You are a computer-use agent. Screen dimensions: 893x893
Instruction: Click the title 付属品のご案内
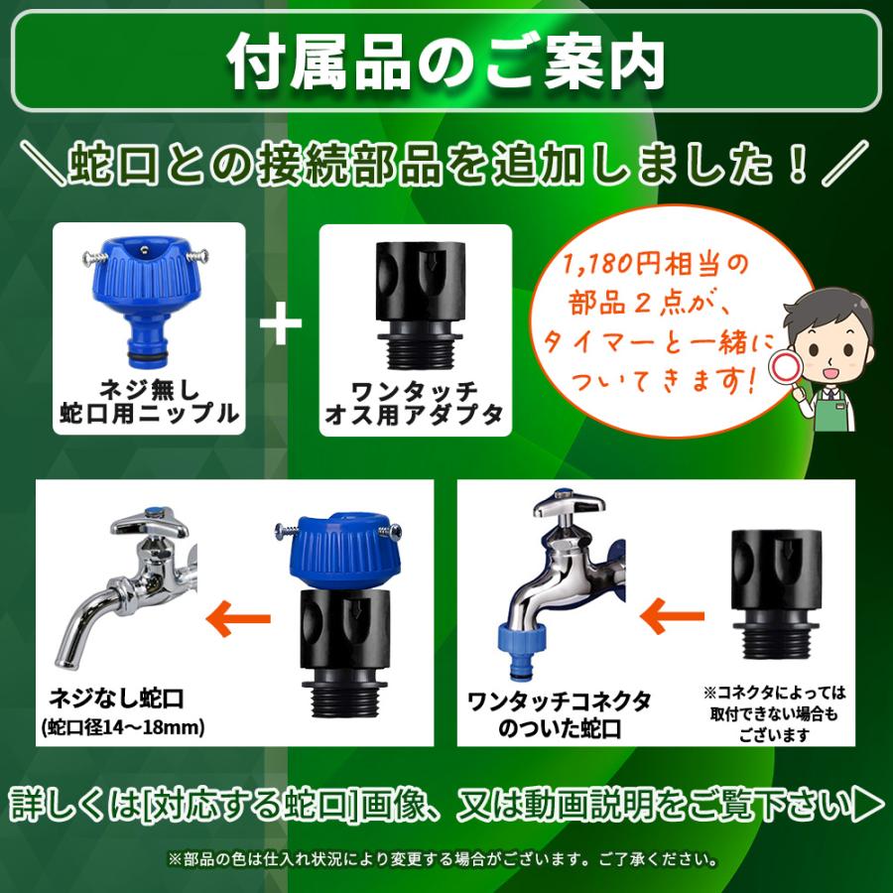446,62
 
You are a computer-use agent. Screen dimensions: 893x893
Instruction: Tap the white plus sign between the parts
281,324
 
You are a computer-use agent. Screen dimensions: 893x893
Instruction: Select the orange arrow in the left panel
238,619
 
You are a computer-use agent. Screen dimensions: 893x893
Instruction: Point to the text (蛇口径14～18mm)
123,728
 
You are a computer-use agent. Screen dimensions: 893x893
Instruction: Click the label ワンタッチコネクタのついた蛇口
559,715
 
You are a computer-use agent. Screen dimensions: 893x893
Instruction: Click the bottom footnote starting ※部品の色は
446,857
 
